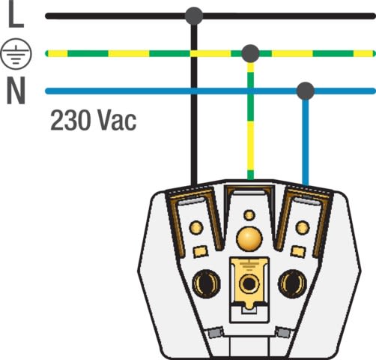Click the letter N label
(x=16, y=90)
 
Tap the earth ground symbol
(x=16, y=53)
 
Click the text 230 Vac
(x=94, y=120)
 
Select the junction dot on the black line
(x=194, y=16)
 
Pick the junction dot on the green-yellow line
(x=251, y=53)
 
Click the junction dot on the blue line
(x=306, y=91)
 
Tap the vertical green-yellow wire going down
(x=251, y=121)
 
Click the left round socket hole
(x=206, y=283)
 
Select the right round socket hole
(x=292, y=283)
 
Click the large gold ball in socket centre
(x=249, y=238)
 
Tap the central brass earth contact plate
(x=249, y=283)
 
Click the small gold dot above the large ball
(x=249, y=215)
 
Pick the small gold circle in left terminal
(x=196, y=227)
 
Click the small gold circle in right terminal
(x=303, y=227)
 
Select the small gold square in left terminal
(x=201, y=251)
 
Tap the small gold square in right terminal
(x=298, y=251)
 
